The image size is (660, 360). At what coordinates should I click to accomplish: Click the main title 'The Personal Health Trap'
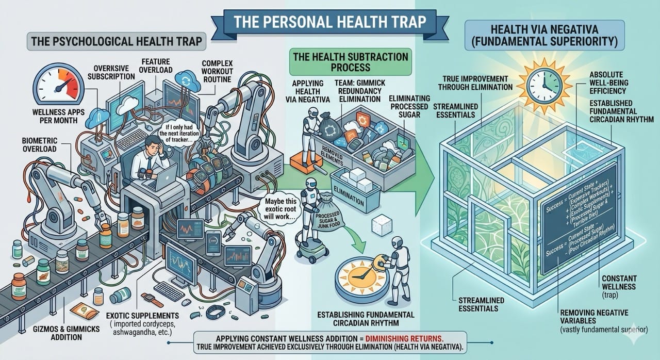coord(329,23)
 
